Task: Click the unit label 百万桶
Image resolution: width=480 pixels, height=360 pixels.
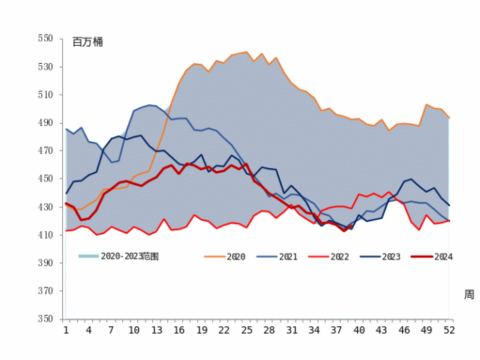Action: pyautogui.click(x=88, y=42)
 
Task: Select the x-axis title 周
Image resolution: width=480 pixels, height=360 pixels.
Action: pyautogui.click(x=469, y=295)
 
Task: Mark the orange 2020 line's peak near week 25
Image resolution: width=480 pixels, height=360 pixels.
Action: pyautogui.click(x=247, y=52)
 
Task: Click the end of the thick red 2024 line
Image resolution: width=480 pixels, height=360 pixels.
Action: pyautogui.click(x=448, y=220)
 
